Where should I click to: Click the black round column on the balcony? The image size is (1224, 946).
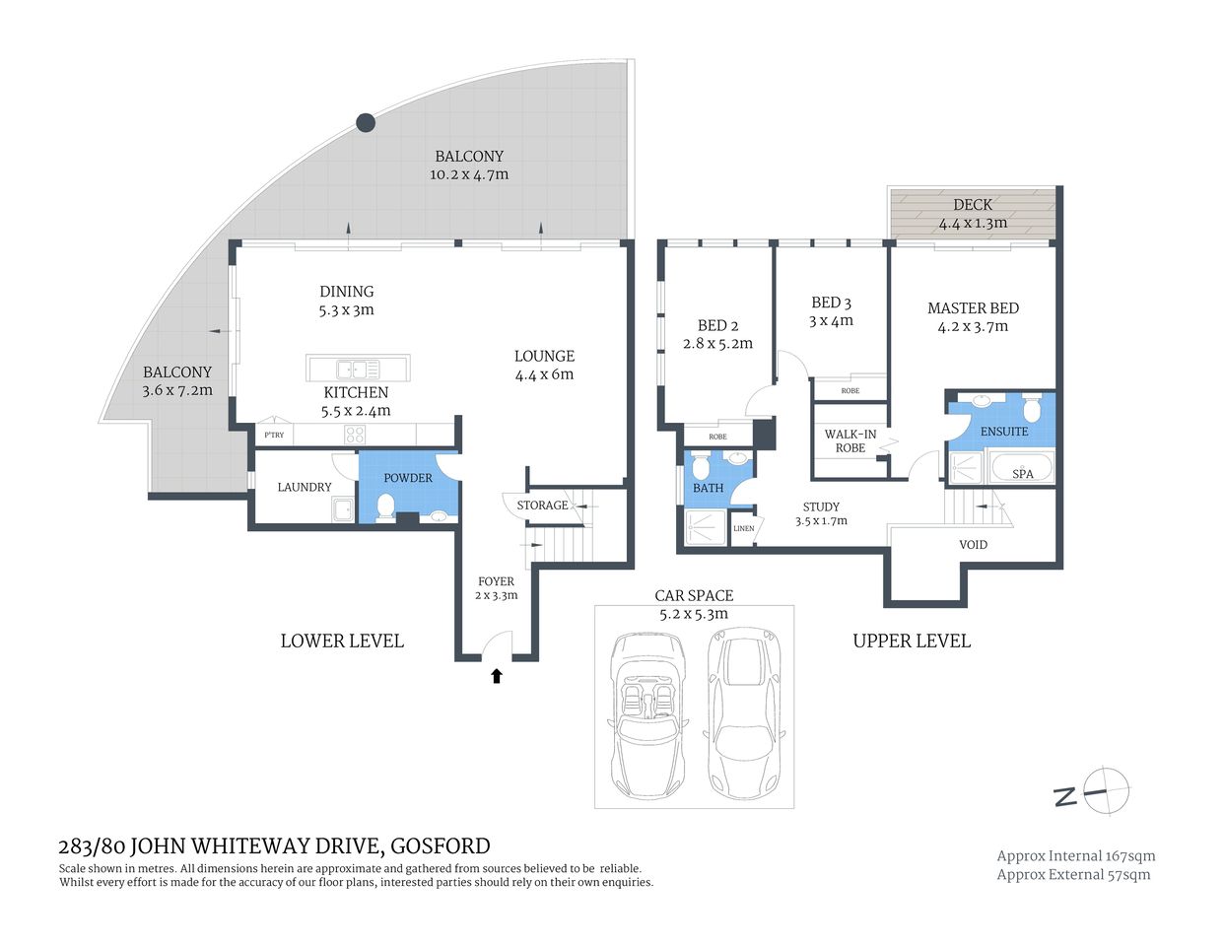point(365,123)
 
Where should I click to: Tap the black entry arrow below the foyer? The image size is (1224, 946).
point(497,676)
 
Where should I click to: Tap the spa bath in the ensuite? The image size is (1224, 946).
point(1021,468)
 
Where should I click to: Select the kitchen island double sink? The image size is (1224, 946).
point(358,370)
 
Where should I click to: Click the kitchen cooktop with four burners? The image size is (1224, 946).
point(354,435)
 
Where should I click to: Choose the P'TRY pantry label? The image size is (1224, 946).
point(274,436)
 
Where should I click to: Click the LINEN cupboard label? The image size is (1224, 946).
point(744,529)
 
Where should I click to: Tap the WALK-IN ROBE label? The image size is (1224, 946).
point(850,440)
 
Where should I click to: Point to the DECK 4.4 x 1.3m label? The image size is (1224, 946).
point(973,214)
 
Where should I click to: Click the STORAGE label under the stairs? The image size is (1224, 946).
point(542,506)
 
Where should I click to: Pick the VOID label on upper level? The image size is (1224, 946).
point(973,545)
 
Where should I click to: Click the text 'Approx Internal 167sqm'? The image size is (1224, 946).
point(1075,856)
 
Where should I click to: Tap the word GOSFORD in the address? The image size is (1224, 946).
point(441,845)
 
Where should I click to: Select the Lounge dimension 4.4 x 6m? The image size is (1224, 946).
point(544,374)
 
